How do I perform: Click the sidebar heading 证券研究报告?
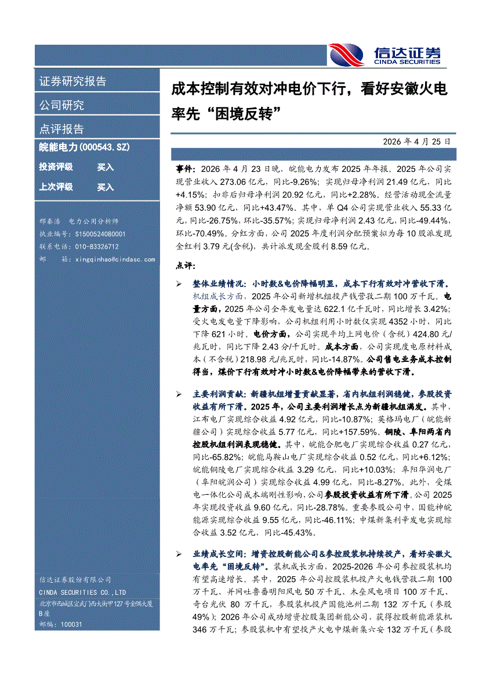coord(72,81)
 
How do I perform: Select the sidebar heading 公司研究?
coord(61,105)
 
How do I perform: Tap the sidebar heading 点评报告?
coord(61,129)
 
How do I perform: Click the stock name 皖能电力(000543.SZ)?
coord(84,148)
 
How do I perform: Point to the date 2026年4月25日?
coord(416,141)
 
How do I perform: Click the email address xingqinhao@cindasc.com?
coord(115,259)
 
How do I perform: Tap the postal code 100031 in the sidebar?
coord(71,624)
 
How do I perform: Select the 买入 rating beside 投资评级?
coord(106,167)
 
